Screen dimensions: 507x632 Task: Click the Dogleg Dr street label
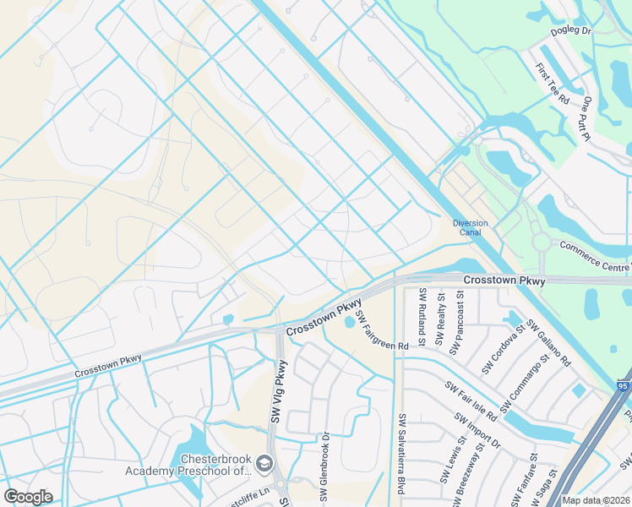571,30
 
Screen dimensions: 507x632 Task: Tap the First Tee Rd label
553,83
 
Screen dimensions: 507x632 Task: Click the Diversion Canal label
471,228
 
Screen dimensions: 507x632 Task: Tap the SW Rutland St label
423,316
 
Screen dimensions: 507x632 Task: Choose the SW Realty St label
440,319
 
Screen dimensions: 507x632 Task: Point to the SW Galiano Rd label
549,342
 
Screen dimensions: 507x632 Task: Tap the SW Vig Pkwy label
279,391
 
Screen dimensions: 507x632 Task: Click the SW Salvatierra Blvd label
403,455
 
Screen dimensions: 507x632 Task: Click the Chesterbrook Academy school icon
264,463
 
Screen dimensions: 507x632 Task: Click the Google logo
28,496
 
